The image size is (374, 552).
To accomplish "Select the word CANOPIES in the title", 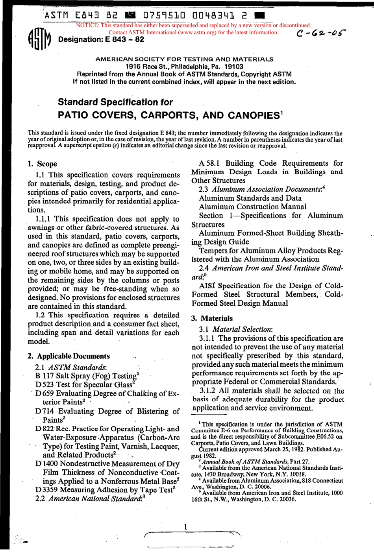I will tap(254, 115).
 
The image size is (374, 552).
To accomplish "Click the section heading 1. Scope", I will tap(42, 164).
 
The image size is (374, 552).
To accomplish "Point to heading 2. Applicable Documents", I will tap(69, 356).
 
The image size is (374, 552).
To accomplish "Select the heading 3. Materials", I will tap(212, 318).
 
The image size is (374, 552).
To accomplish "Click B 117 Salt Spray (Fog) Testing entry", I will tap(87, 376).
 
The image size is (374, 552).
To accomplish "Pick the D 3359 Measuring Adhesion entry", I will tap(105, 490).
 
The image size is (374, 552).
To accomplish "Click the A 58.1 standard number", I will tap(209, 163).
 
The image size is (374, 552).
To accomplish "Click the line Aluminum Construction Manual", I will tap(252, 207).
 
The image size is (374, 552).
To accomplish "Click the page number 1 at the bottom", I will tap(185, 527).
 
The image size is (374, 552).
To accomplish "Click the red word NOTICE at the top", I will tap(87, 26).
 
